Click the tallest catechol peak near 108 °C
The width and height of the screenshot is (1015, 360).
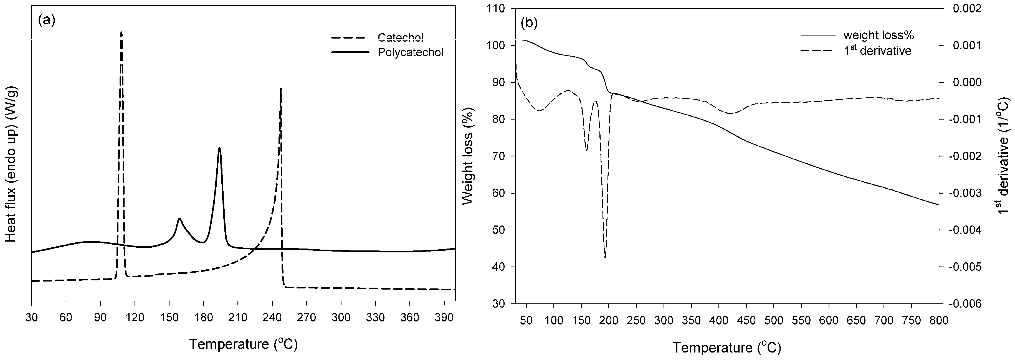[121, 33]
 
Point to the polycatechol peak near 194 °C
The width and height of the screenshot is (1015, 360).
[219, 148]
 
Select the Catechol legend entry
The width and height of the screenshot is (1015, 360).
[400, 38]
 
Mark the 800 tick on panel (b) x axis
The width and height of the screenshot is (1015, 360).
[939, 321]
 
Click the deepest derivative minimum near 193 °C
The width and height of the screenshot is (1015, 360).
[605, 257]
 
